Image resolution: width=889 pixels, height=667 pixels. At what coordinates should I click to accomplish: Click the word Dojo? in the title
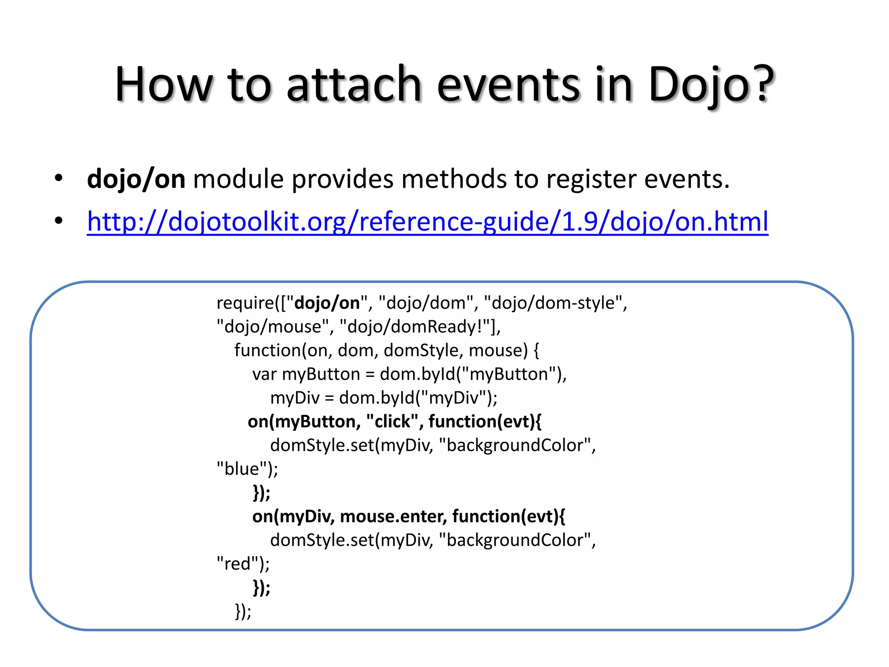coord(711,85)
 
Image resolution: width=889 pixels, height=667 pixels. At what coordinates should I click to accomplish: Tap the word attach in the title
coord(354,85)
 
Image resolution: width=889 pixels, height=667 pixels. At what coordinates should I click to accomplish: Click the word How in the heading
coord(164,85)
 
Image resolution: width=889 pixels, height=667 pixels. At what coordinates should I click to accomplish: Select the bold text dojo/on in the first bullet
coord(136,179)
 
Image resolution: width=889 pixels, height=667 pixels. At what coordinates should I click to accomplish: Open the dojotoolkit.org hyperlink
coord(427,221)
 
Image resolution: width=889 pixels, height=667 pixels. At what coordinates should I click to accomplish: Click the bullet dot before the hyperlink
coord(59,221)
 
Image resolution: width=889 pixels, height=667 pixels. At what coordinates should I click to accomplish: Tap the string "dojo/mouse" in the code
coord(273,327)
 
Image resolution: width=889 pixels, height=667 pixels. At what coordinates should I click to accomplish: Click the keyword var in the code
coord(264,374)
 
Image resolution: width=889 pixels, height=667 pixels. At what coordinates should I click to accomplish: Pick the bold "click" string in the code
coord(392,421)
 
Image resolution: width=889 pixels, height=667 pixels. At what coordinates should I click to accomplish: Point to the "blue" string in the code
coord(242,469)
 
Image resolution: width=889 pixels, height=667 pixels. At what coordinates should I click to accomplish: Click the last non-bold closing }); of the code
coord(243,611)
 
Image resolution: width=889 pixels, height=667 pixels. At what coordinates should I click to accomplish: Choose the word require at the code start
coord(245,303)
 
